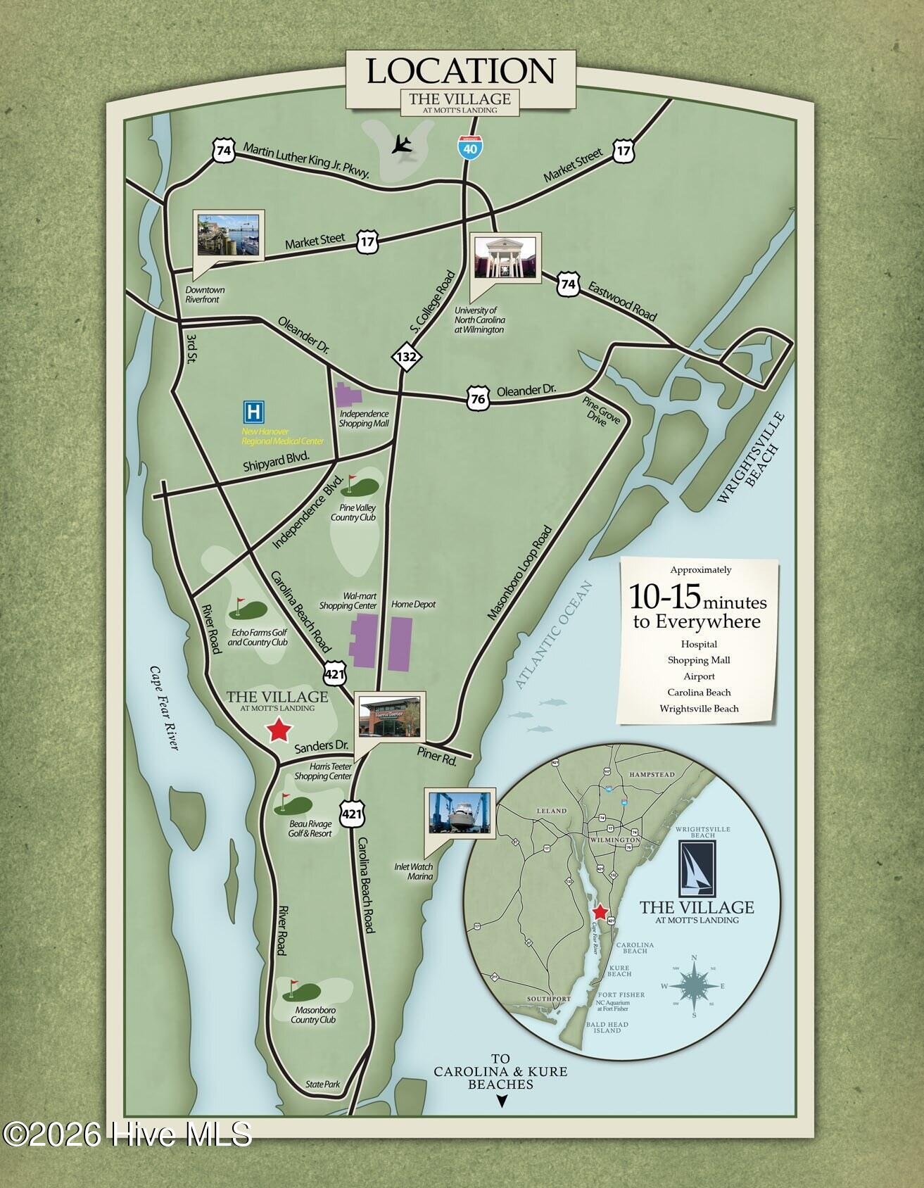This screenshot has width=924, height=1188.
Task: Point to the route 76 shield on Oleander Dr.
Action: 477,399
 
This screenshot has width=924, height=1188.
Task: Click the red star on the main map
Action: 279,731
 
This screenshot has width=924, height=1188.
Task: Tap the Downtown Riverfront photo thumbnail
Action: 229,234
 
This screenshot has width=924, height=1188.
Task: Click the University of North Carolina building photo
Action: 505,257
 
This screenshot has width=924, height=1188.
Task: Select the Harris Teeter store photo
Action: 389,713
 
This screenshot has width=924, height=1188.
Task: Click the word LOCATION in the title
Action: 461,70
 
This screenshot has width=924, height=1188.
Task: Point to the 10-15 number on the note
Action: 664,597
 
